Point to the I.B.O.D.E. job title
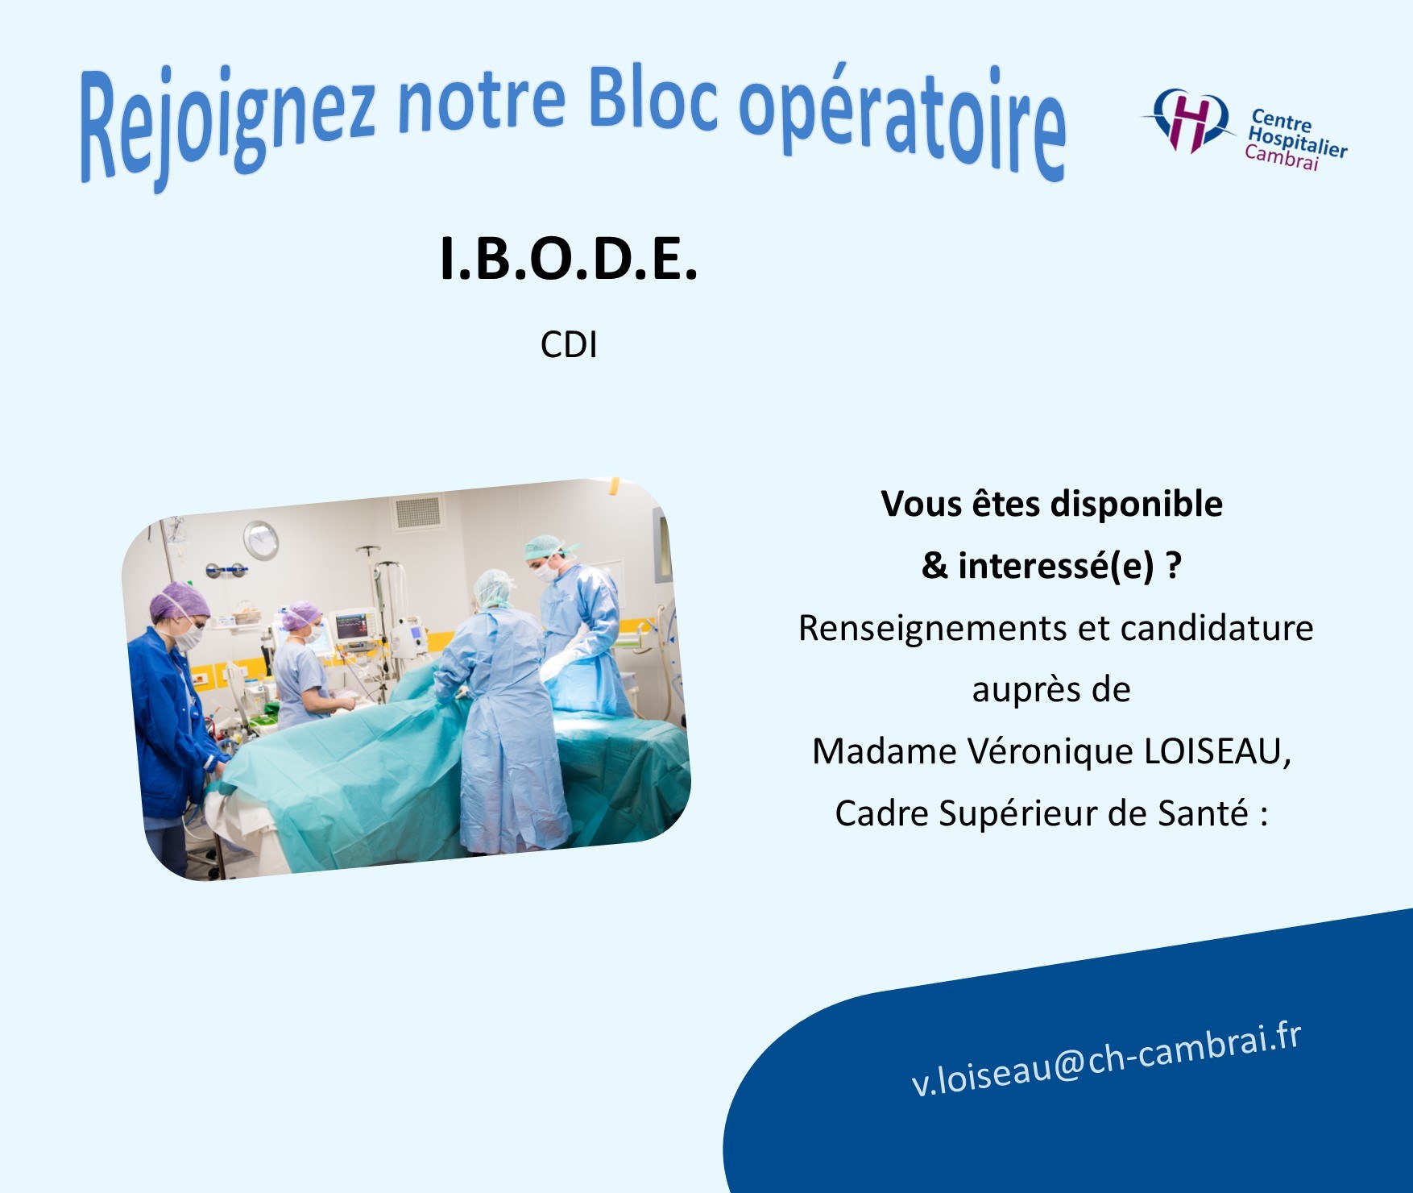pyautogui.click(x=568, y=260)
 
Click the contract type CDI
pyautogui.click(x=569, y=345)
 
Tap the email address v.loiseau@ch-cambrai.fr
pyautogui.click(x=1105, y=1060)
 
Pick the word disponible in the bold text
pyautogui.click(x=1137, y=505)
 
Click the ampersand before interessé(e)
pyautogui.click(x=934, y=566)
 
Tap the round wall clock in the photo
pyautogui.click(x=260, y=539)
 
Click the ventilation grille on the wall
pyautogui.click(x=420, y=512)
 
